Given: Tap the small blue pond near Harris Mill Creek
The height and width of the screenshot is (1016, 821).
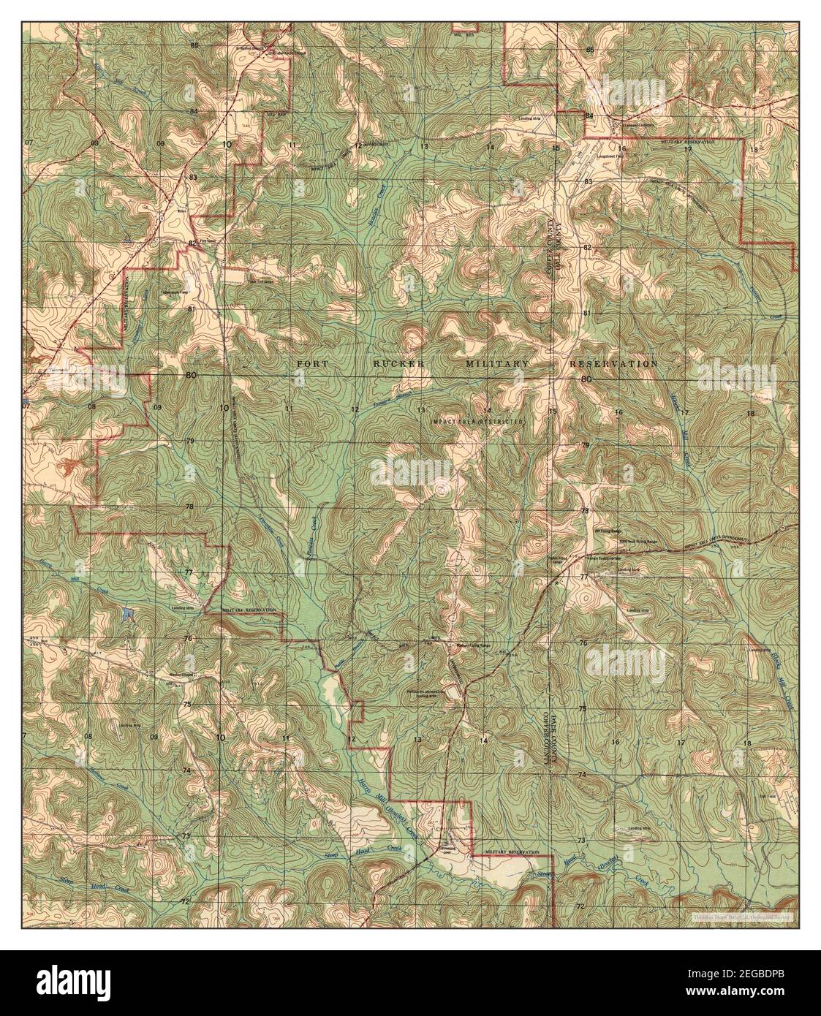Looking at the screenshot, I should (x=129, y=614).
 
